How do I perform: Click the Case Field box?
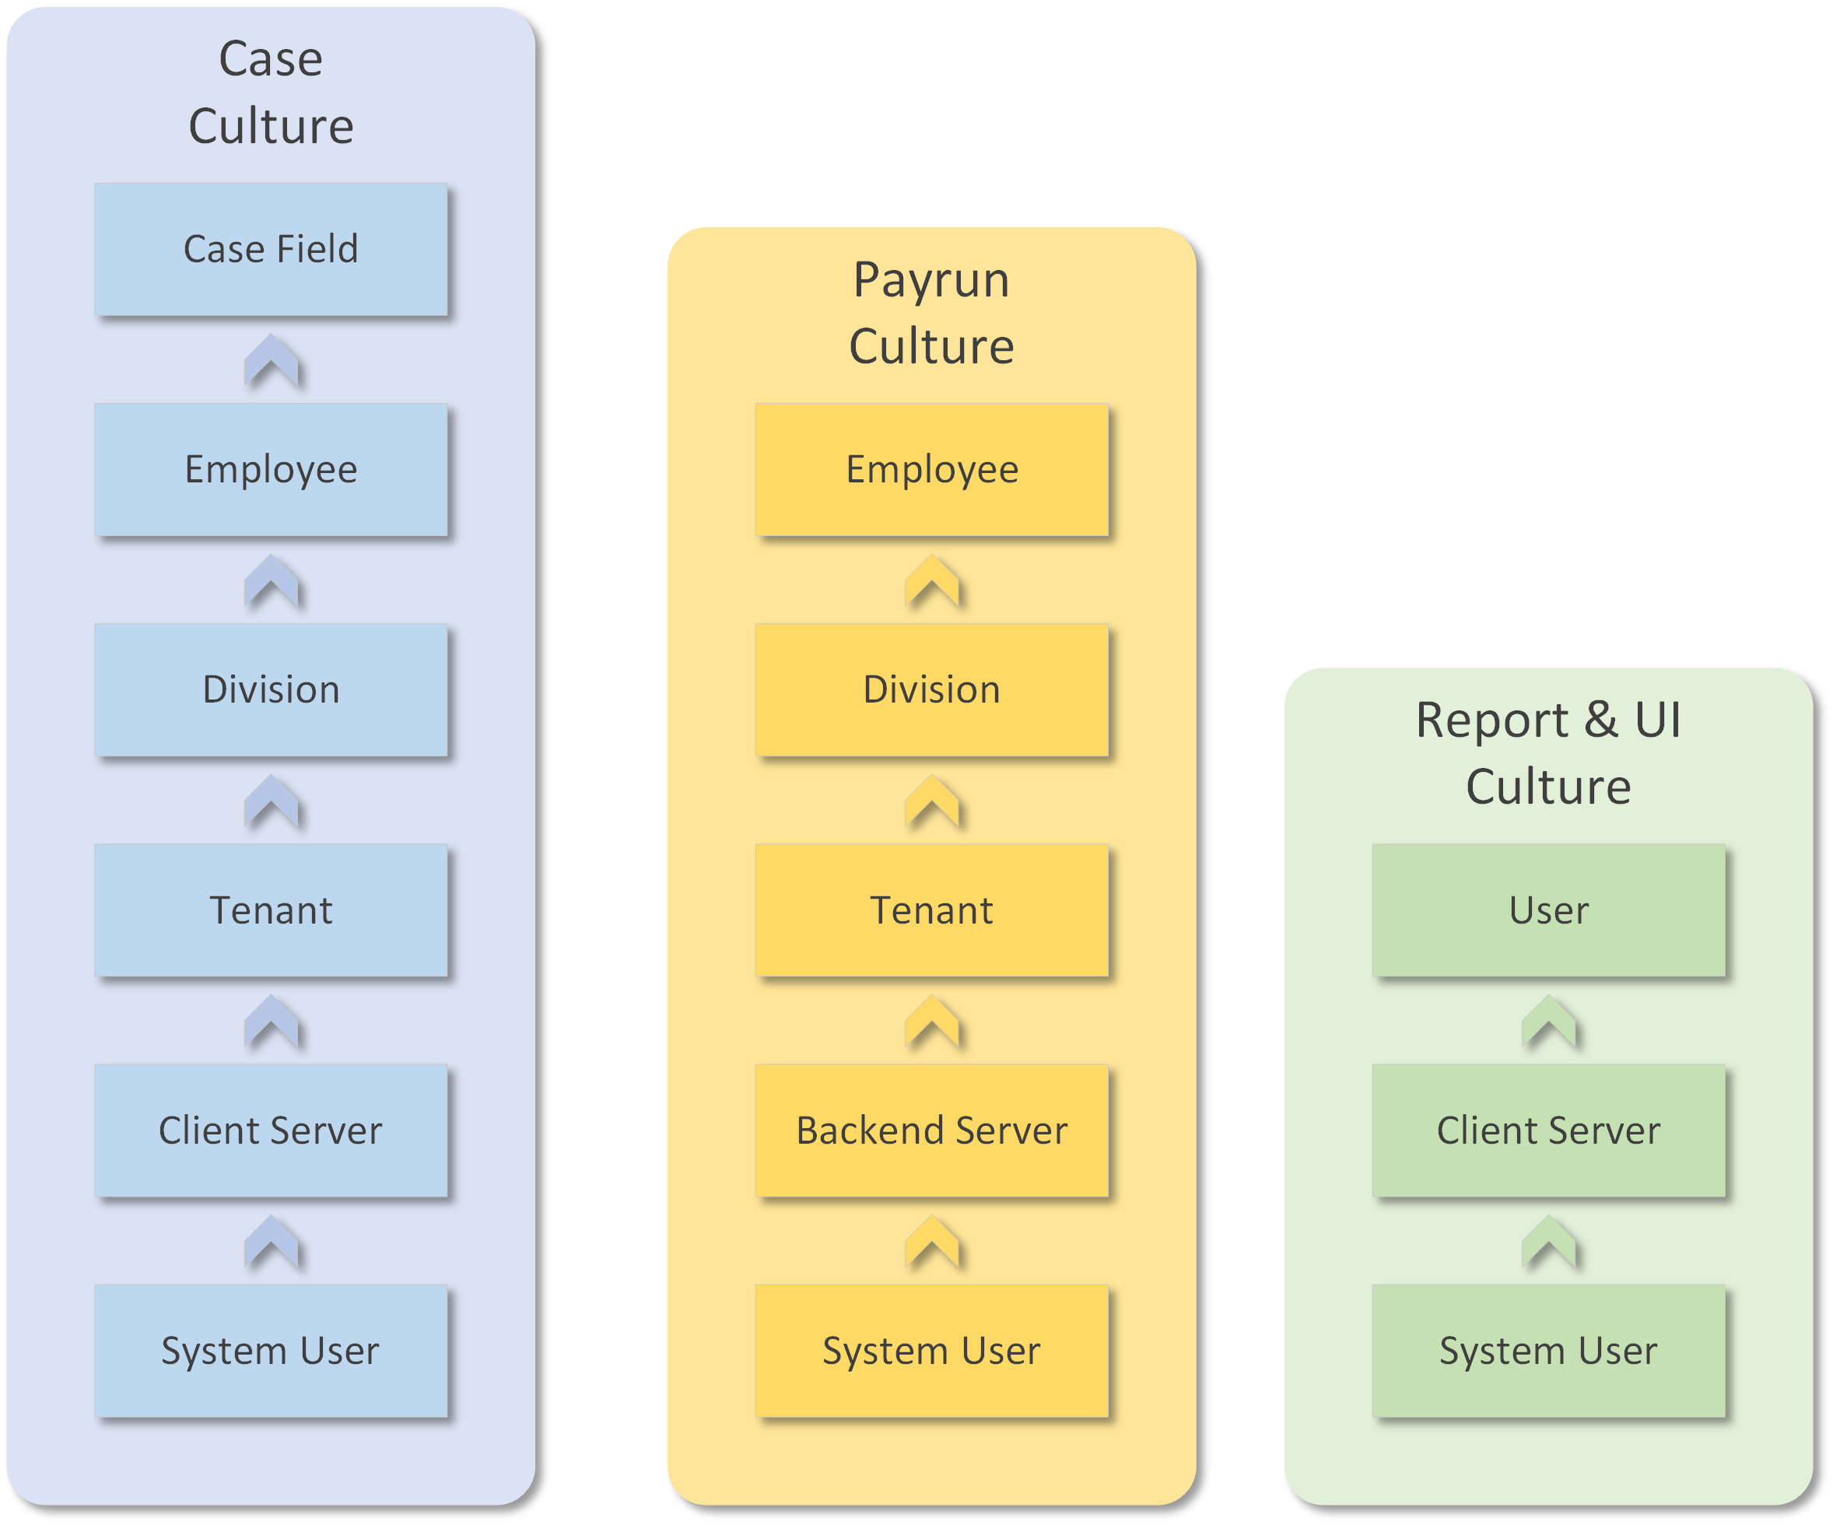pos(271,250)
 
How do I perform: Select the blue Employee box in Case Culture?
pos(271,470)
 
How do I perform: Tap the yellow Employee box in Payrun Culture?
pos(931,470)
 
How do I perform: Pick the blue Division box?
pos(271,689)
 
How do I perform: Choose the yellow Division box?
pos(931,689)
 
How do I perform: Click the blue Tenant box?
pos(271,910)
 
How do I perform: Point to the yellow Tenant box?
pos(931,910)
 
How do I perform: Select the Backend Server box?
pos(931,1131)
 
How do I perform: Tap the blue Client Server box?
pos(271,1131)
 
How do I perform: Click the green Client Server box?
pos(1548,1131)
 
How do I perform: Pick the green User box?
pos(1548,910)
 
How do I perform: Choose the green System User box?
pos(1548,1351)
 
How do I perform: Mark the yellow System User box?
pos(931,1351)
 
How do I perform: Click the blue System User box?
pos(271,1351)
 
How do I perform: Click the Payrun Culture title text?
pos(931,313)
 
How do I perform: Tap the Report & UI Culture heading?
pos(1548,752)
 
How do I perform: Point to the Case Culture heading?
pos(271,92)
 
